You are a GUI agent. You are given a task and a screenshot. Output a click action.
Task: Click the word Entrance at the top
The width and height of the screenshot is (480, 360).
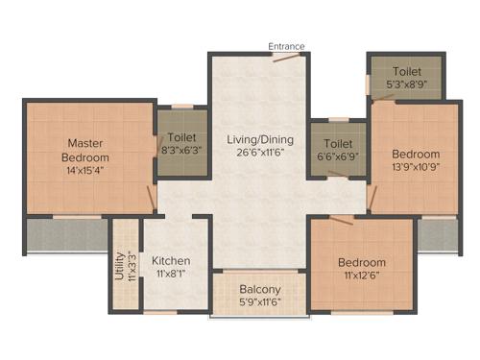coord(286,45)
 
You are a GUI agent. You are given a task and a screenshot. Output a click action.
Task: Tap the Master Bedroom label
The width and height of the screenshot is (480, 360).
coord(85,151)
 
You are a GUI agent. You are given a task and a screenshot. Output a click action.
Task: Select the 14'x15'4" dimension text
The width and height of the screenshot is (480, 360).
coord(85,170)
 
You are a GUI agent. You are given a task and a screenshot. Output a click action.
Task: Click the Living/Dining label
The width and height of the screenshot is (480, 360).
coord(259,139)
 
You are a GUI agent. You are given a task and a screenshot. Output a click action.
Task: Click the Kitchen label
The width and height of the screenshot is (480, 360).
coord(171,260)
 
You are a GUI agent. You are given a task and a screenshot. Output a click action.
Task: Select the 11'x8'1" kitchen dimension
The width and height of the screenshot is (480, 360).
coord(171,274)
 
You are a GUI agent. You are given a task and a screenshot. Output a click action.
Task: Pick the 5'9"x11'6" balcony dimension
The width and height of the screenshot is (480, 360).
coord(260,302)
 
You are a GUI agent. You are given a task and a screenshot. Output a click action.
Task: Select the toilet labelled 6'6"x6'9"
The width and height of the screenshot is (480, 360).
coord(337,150)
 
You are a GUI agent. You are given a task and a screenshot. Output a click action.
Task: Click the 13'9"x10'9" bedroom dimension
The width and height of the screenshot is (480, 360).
coord(416,167)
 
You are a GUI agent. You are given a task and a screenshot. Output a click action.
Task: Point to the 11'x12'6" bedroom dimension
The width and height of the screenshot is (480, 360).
coord(362,276)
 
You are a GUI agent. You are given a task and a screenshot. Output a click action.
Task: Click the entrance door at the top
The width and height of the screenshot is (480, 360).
coord(284,56)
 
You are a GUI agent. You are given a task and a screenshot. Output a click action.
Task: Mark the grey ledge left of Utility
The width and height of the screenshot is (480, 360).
coord(66,236)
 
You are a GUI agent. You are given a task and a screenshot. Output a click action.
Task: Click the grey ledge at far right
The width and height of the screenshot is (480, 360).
coord(438,234)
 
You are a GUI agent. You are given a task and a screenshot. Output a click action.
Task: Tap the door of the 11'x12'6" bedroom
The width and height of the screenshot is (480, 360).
coord(341,219)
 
